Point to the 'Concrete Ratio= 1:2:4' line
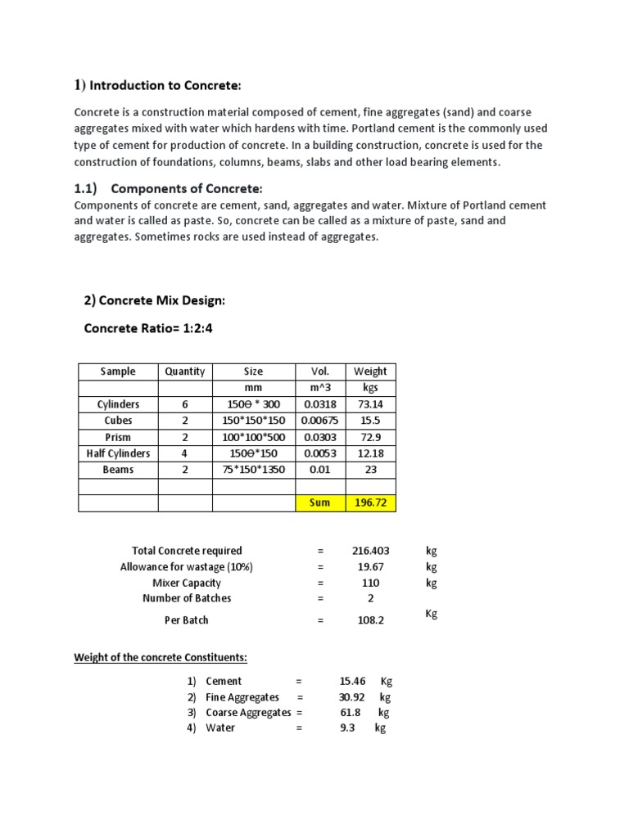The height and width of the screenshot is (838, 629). point(145,328)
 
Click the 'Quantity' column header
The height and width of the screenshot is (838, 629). point(185,372)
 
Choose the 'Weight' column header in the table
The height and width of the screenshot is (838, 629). point(370,372)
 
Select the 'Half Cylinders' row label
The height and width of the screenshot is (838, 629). point(118,453)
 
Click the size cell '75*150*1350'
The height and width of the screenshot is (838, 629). point(254,470)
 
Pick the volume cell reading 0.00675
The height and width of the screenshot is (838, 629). point(319,421)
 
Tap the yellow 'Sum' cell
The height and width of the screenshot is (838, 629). point(319,502)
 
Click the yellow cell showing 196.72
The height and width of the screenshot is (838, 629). point(370,502)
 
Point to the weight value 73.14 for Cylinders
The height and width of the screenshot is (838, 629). point(370,404)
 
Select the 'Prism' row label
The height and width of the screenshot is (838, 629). point(118,437)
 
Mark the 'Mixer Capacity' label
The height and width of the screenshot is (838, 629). point(187,583)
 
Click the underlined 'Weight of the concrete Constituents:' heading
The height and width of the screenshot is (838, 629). point(161,657)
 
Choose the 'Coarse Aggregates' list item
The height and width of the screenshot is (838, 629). point(248,712)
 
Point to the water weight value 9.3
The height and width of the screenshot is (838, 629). point(347,728)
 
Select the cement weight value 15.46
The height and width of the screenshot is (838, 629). point(353,681)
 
